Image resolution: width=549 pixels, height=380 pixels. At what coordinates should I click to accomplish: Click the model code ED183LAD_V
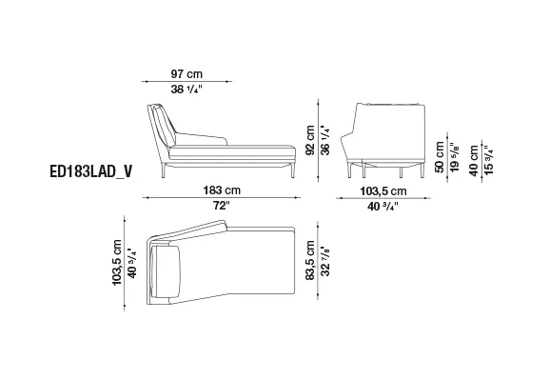91,171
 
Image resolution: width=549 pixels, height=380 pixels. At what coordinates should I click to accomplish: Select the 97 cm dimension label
186,74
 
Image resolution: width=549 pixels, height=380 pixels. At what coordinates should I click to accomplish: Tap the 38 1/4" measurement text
186,90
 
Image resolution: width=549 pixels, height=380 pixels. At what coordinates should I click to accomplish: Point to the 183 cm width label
222,190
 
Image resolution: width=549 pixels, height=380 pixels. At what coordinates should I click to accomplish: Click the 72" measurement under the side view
222,206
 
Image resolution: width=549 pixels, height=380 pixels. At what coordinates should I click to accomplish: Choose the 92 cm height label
310,140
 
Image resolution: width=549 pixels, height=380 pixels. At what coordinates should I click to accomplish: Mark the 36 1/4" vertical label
325,140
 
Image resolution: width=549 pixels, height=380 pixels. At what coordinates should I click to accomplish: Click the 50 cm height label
440,157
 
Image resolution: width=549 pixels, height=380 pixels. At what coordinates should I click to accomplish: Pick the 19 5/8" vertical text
455,157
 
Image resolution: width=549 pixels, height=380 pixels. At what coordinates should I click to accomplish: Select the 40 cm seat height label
474,161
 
